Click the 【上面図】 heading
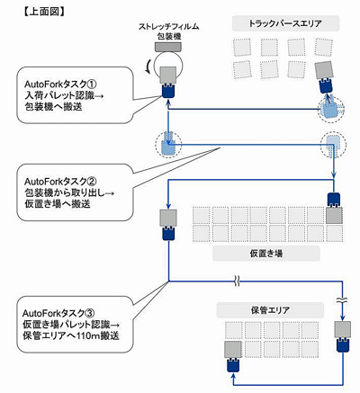tap(43, 11)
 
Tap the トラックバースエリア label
tap(285, 23)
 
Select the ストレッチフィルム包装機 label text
tap(168, 31)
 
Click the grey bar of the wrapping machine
tap(168, 47)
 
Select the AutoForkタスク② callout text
tap(69, 192)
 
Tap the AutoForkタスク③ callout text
tap(71, 325)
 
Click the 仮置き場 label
tap(266, 254)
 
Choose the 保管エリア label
tap(270, 310)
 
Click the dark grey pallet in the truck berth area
tap(324, 70)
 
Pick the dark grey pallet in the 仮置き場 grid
tap(334, 215)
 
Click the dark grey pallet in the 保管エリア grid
tap(233, 349)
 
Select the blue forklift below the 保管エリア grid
tap(233, 365)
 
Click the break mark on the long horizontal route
tap(237, 281)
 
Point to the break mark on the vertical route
tap(342, 299)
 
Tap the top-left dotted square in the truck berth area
tap(242, 47)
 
